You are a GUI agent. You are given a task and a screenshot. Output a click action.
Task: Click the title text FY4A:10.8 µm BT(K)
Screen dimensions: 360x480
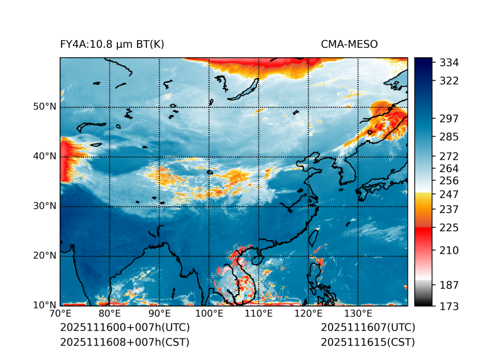point(112,44)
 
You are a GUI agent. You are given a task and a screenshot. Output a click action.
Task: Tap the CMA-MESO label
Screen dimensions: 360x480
point(349,44)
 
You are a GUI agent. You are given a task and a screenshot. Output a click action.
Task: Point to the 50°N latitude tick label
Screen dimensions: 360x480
point(45,107)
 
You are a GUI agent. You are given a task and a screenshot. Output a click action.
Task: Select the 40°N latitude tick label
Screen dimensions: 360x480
point(45,156)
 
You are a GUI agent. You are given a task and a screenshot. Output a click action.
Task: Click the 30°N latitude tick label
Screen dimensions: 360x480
point(45,206)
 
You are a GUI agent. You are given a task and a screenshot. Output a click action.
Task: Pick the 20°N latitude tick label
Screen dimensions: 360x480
point(45,256)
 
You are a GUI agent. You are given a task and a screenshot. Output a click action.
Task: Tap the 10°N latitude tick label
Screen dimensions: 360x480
point(45,305)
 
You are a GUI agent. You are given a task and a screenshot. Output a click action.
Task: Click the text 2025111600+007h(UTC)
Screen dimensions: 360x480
point(125,328)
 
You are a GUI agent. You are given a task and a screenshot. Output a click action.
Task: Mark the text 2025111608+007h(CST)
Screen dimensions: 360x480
point(124,342)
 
